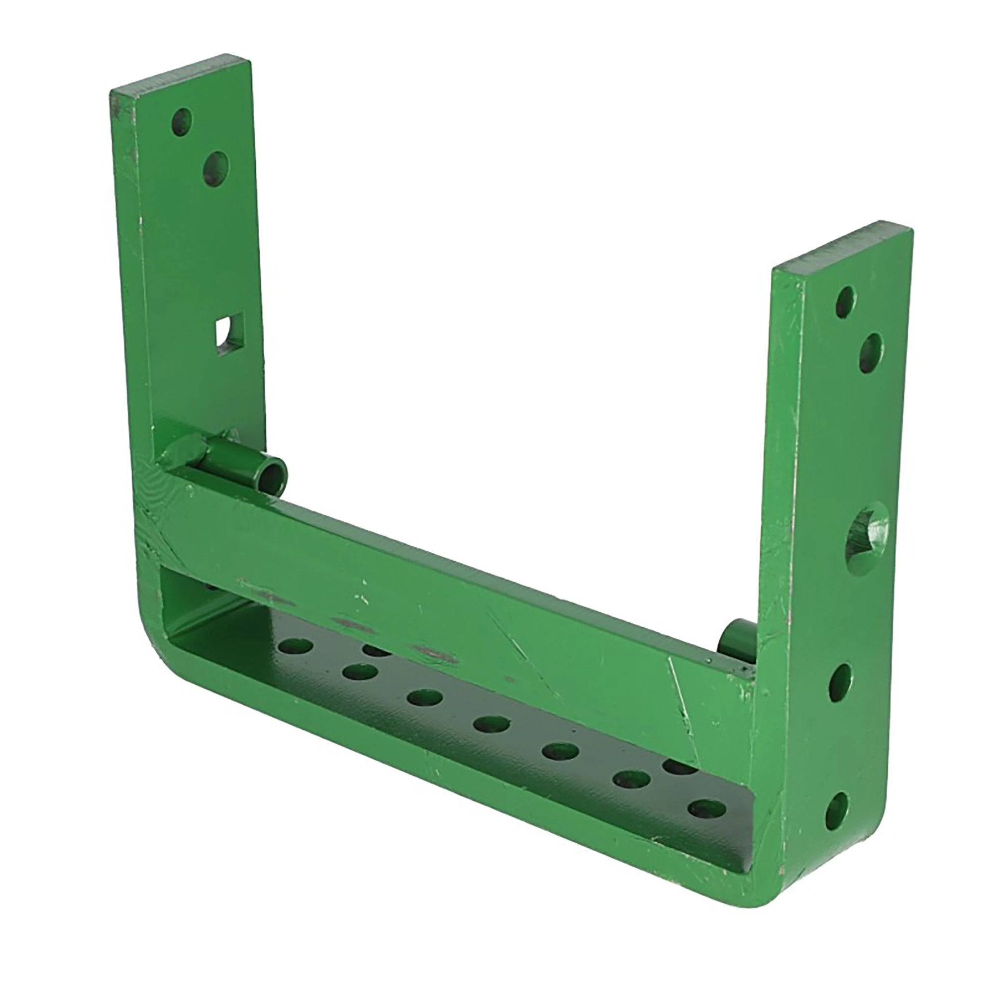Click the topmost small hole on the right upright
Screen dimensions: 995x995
pyautogui.click(x=845, y=302)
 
